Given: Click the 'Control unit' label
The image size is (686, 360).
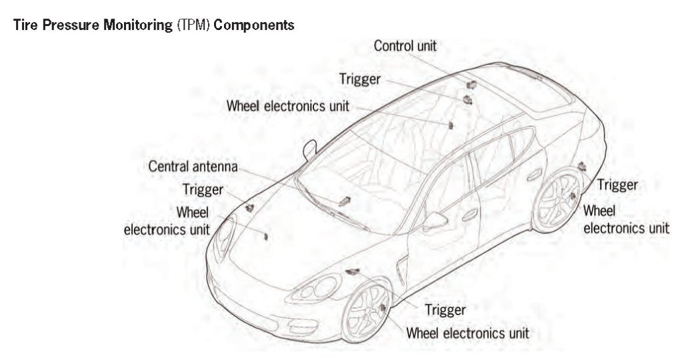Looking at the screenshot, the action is (405, 46).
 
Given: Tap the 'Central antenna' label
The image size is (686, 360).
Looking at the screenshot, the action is (193, 166).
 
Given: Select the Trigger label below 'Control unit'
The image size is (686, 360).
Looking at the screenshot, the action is (359, 79).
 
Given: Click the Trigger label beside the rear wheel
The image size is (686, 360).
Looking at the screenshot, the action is (617, 185).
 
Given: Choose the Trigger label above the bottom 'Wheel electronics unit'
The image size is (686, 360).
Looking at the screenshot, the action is (445, 310).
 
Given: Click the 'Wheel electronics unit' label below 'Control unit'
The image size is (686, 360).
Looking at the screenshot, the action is (287, 105).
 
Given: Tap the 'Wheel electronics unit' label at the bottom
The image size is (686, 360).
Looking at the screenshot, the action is (467, 332).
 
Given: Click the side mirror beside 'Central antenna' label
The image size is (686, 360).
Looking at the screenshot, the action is (309, 150).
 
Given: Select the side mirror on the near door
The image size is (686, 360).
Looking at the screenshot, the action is (435, 220).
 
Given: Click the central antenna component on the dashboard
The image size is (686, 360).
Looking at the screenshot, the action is (345, 199).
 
